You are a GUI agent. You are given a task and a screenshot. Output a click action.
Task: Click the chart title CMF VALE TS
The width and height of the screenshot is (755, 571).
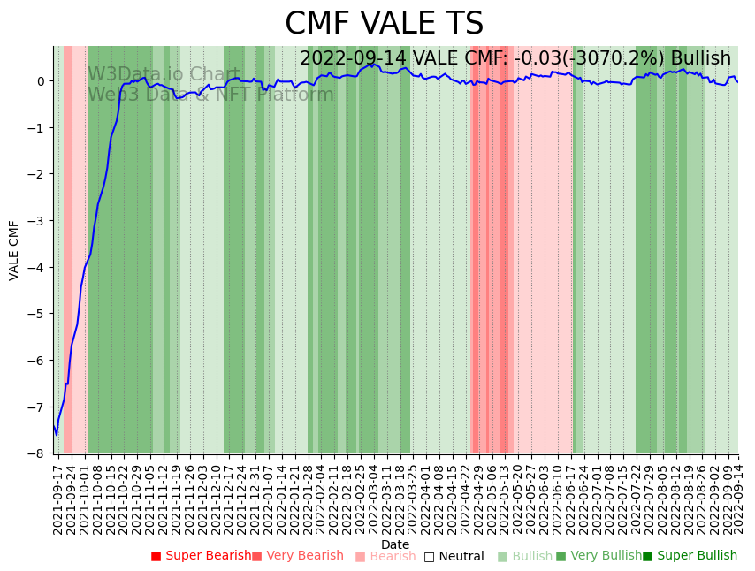tap(385, 24)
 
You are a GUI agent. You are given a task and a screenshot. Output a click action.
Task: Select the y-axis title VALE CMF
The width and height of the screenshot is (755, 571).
tap(14, 250)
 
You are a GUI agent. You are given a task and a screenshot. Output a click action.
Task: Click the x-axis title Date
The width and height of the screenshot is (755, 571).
tap(395, 544)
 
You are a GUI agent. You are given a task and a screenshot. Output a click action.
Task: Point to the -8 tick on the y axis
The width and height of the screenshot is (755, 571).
tap(40, 453)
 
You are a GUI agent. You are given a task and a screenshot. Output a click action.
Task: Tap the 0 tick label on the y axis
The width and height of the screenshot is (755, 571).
tap(41, 81)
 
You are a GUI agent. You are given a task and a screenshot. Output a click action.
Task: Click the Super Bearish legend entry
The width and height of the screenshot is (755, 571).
tap(201, 556)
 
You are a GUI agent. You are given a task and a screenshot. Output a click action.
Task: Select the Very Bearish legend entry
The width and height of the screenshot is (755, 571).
tap(298, 556)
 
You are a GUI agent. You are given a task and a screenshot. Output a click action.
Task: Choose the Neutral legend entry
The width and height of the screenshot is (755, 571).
tap(454, 556)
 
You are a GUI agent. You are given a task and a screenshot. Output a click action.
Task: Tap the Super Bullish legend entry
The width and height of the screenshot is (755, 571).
tap(690, 556)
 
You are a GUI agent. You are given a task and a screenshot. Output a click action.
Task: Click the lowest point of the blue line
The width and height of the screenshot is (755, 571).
tap(57, 434)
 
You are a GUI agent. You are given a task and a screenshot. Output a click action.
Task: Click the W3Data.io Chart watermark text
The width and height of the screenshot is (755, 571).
tap(164, 75)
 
